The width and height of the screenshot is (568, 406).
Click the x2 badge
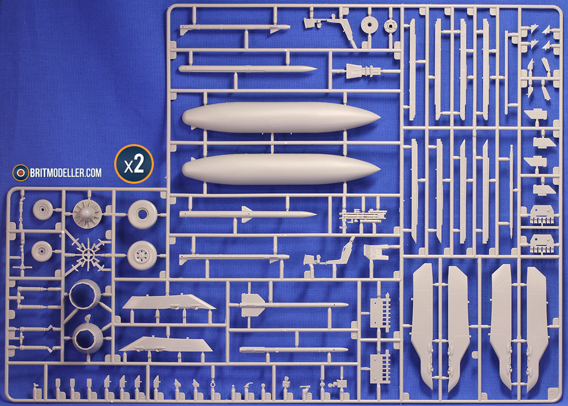(134, 164)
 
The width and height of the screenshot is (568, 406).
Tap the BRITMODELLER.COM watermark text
(66, 173)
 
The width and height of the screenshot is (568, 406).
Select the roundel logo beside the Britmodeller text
(21, 173)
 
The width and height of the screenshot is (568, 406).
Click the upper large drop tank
(281, 117)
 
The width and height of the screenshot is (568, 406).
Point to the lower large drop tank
(281, 169)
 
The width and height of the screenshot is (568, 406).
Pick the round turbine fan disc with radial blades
(87, 214)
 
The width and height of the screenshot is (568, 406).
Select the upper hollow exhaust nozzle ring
(85, 294)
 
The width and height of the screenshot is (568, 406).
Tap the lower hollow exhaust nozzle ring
(88, 337)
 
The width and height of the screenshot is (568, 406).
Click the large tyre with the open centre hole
(143, 214)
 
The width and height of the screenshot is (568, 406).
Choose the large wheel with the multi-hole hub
(142, 256)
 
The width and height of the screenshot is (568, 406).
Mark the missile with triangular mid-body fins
(248, 214)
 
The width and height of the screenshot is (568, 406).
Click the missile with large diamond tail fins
(293, 305)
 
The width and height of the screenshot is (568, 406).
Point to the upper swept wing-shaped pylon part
(169, 302)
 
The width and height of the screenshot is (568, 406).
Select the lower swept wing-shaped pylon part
(166, 345)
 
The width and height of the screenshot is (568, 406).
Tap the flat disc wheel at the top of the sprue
(370, 25)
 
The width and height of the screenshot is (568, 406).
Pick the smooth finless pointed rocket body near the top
(248, 69)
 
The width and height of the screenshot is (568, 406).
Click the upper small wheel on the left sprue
(43, 210)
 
